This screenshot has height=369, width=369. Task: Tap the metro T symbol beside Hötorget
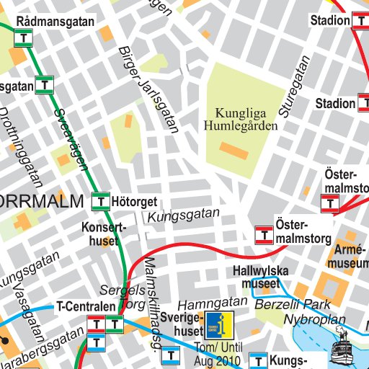pos(102,201)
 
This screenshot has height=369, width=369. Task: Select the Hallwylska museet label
pos(260,277)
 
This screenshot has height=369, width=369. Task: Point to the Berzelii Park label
pos(292,303)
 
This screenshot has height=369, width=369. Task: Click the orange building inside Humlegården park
pos(234,151)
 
